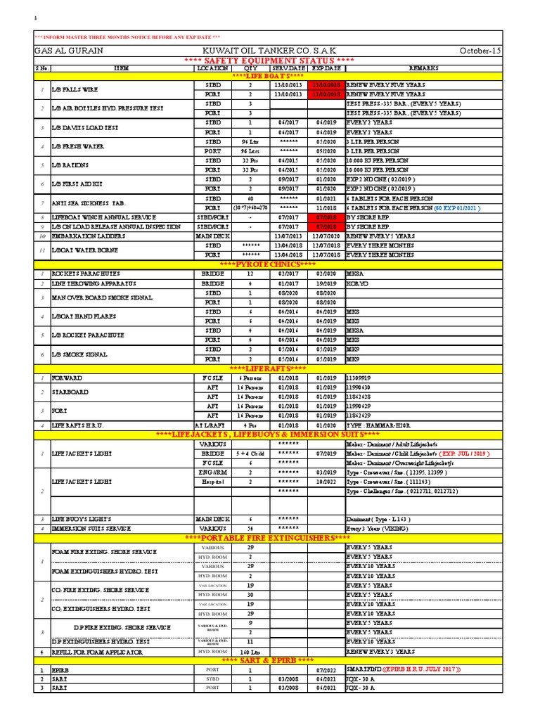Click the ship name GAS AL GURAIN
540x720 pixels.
[x=65, y=51]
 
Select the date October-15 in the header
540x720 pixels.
[x=482, y=51]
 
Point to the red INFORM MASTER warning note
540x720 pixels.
[x=127, y=37]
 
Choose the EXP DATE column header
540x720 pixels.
[x=326, y=68]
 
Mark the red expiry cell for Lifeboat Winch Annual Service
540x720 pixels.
[x=326, y=217]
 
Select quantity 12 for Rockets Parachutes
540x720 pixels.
[x=250, y=274]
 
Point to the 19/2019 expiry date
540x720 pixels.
[x=326, y=283]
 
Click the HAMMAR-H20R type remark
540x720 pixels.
[x=377, y=425]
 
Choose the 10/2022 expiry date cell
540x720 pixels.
[x=326, y=482]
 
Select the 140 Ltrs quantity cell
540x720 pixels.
[x=250, y=652]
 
